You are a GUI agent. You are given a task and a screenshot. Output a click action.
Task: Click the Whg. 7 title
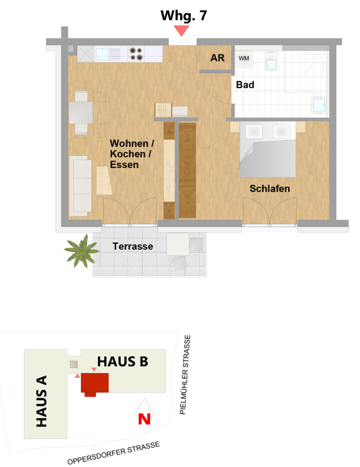[184, 16]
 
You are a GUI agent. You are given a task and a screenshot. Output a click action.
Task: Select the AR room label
[217, 58]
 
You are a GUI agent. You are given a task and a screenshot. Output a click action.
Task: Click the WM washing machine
[244, 59]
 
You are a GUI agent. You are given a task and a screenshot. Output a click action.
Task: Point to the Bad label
[245, 85]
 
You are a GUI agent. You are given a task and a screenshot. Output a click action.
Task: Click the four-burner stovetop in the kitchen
[136, 54]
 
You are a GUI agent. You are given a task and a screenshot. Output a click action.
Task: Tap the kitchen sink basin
[102, 54]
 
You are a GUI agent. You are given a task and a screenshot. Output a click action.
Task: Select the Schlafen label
[270, 188]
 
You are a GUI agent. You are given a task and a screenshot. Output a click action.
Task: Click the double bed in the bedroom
[268, 149]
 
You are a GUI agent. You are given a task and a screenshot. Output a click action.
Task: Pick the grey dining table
[81, 113]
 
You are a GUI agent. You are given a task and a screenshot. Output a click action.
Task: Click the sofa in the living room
[80, 186]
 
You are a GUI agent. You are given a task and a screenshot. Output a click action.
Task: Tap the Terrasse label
[133, 246]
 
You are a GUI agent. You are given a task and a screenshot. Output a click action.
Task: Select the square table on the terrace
[178, 244]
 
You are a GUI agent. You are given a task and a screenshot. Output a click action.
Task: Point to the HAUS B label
[123, 362]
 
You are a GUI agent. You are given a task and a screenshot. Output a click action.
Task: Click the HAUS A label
[41, 401]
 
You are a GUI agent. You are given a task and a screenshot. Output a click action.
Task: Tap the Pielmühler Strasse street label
[185, 374]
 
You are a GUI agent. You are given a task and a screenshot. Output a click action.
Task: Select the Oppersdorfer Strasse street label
[113, 453]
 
